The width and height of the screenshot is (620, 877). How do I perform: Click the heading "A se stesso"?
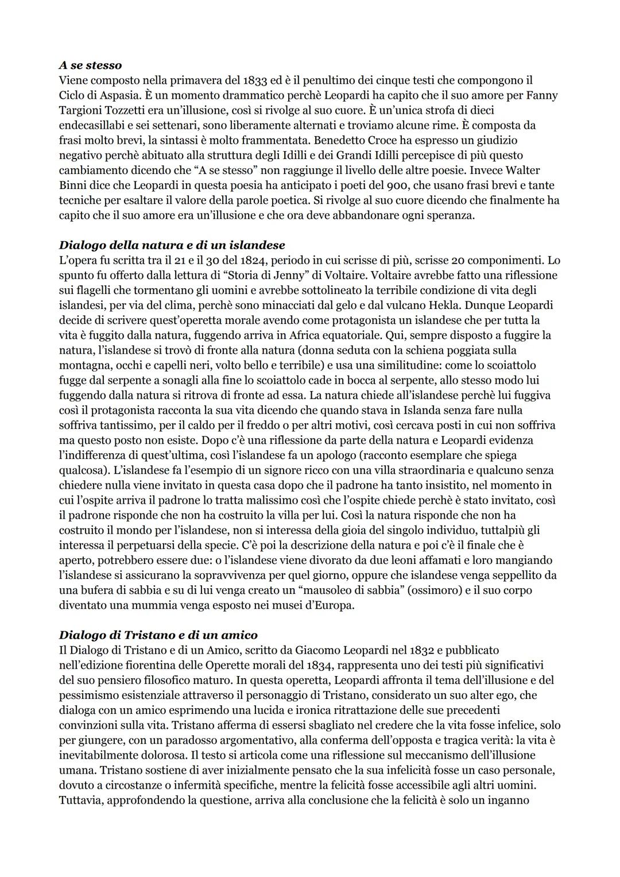click(90, 65)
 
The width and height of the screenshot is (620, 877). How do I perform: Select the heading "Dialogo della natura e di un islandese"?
click(172, 245)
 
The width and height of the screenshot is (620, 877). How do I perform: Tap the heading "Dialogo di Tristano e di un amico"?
click(158, 635)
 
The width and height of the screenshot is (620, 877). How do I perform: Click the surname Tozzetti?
click(123, 110)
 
